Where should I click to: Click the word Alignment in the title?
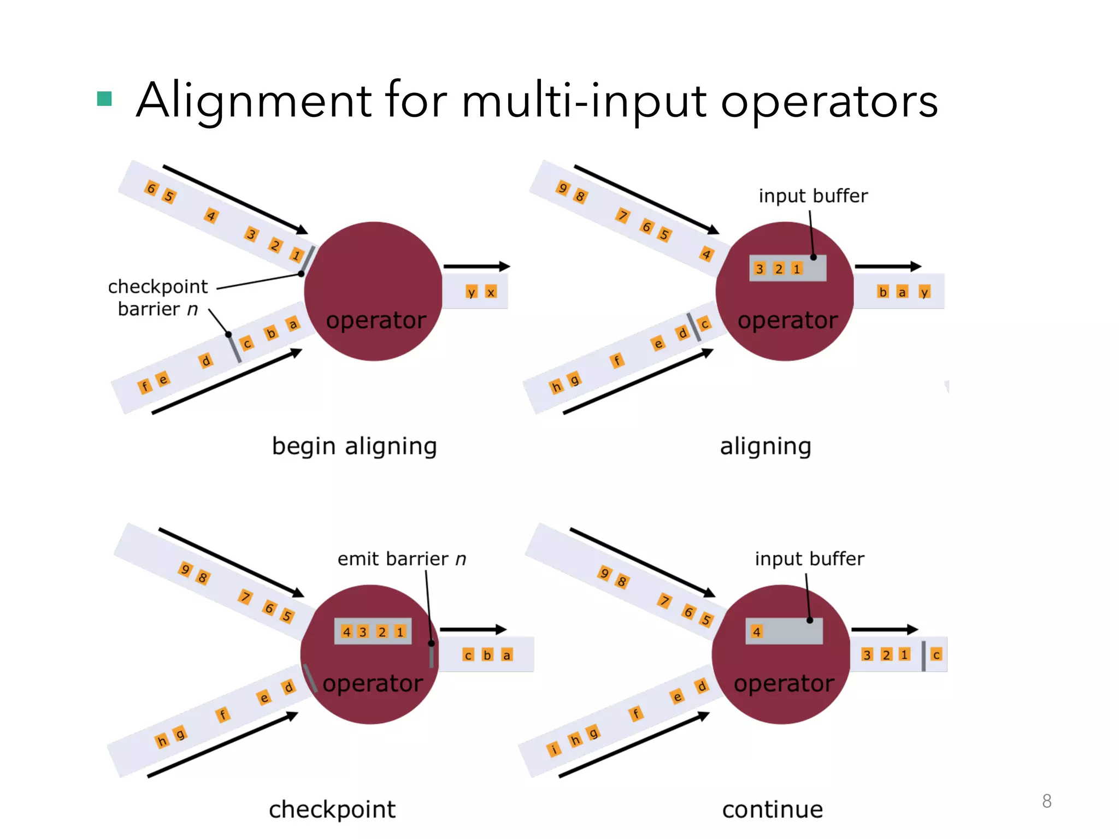[x=254, y=101]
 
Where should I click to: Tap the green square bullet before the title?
[x=104, y=99]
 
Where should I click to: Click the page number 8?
[x=1046, y=801]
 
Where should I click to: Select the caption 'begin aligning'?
[x=354, y=446]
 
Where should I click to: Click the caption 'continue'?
[x=772, y=809]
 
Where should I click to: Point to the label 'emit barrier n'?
[x=402, y=559]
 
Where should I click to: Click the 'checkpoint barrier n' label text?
[x=158, y=298]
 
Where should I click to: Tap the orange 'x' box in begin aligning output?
[x=491, y=292]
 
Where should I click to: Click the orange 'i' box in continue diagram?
[x=553, y=749]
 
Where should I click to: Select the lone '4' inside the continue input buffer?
[x=756, y=632]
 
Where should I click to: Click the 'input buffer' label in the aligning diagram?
[x=813, y=196]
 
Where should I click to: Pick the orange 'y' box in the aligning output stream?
[x=924, y=292]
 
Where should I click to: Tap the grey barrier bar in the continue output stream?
[x=923, y=656]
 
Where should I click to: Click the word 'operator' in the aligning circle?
[x=787, y=320]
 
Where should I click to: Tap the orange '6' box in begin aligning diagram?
[x=151, y=189]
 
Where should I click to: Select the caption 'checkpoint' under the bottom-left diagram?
[x=332, y=809]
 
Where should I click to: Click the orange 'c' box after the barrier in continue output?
[x=936, y=654]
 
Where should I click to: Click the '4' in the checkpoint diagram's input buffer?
[x=346, y=632]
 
